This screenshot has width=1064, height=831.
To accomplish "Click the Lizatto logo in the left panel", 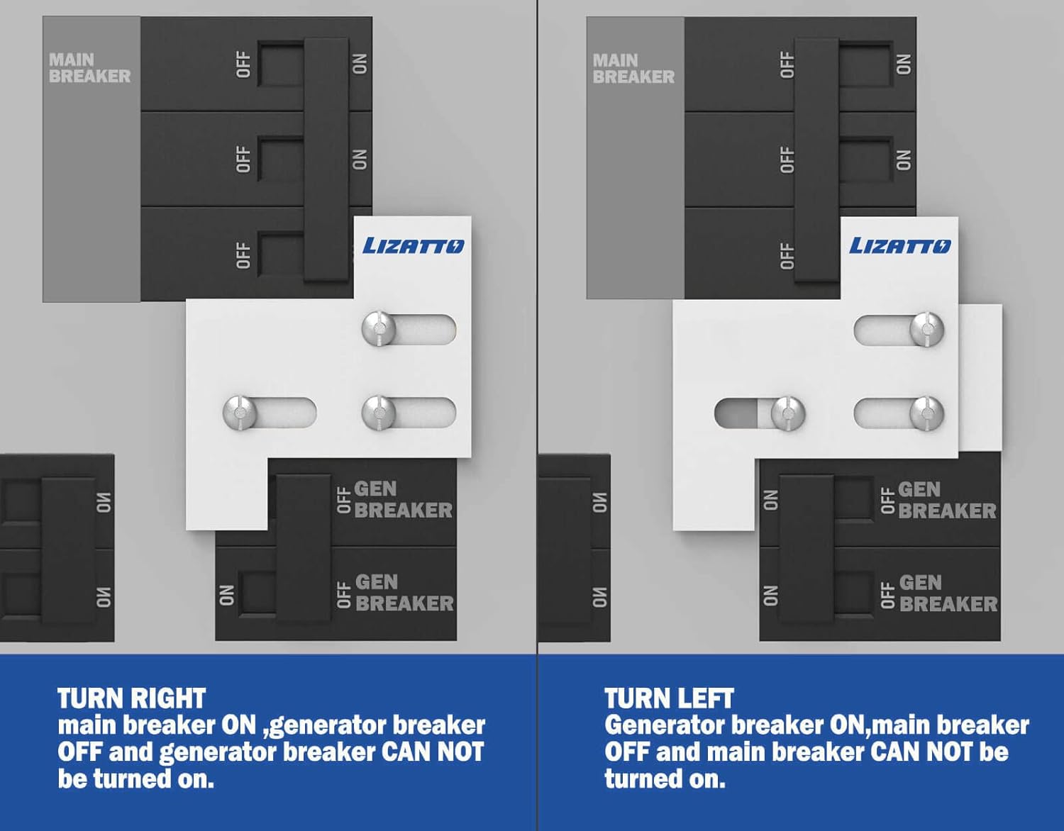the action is tap(414, 245).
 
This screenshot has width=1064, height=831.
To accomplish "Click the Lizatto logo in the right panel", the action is tap(900, 245).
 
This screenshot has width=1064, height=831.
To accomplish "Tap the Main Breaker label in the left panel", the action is tap(89, 68).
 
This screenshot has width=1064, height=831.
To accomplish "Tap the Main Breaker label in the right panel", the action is tap(633, 69).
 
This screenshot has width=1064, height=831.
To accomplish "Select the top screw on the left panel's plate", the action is tap(379, 328).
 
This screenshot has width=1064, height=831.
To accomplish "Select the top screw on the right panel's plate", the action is tap(927, 329).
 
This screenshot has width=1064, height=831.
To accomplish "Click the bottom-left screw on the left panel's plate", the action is tap(240, 413).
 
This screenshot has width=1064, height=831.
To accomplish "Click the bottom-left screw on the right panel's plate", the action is tap(788, 413).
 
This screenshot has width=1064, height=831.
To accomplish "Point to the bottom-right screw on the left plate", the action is tap(379, 413).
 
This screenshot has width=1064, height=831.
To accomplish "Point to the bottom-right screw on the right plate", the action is tap(927, 413).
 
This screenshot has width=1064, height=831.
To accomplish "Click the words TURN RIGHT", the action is tap(132, 698).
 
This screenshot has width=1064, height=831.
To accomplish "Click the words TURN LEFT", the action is tap(670, 698).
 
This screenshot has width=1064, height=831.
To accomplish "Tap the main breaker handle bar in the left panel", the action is tap(326, 160).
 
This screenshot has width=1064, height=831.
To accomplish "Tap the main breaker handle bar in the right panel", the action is tap(816, 160).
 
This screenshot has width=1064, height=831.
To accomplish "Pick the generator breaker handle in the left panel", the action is tap(304, 548).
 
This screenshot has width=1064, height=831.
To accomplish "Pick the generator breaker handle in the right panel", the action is tap(806, 548).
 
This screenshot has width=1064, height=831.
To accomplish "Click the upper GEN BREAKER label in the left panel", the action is tap(403, 500).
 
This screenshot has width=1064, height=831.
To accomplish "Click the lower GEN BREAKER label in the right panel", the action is tap(948, 593).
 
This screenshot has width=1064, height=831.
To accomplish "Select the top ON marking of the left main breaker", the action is tap(360, 64).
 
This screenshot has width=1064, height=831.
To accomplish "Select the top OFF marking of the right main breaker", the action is tap(787, 65).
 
